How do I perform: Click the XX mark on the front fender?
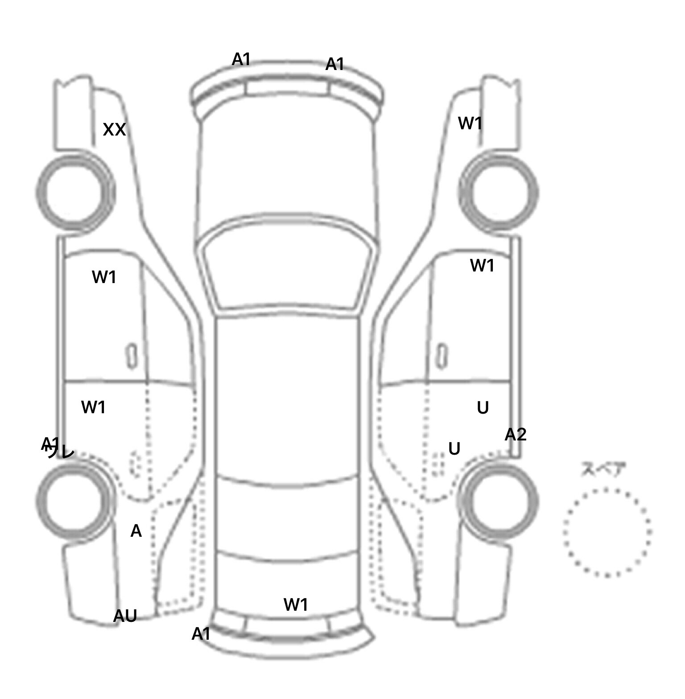[x=114, y=130]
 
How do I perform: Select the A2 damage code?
[x=516, y=435]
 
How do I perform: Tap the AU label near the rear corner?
[x=125, y=616]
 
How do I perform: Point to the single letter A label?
[x=136, y=531]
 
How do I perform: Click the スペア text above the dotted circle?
[x=603, y=469]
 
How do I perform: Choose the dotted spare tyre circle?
[x=607, y=532]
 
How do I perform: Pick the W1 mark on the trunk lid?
[x=296, y=605]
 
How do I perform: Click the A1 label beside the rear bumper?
[x=201, y=634]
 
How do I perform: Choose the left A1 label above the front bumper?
[x=241, y=59]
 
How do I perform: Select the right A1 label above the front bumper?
[x=335, y=65]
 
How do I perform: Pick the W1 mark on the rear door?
[x=94, y=407]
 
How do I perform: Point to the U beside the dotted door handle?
[x=454, y=449]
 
